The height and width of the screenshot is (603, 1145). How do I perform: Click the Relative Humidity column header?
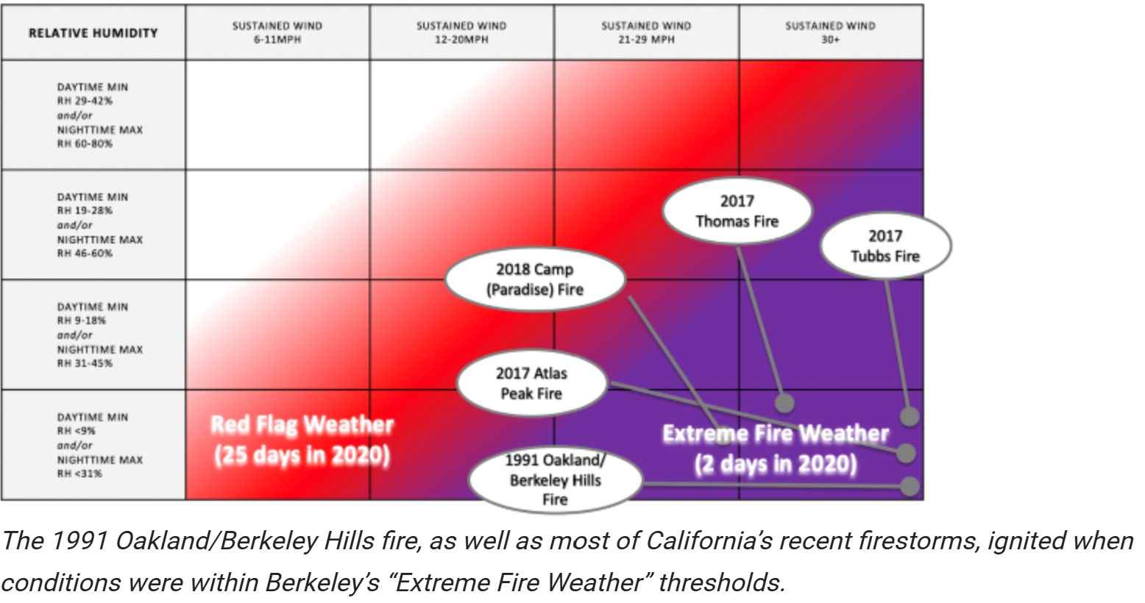tap(93, 33)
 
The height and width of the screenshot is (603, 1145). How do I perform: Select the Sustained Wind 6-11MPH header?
tap(277, 32)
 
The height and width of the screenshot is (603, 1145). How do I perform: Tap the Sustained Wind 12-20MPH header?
tap(461, 32)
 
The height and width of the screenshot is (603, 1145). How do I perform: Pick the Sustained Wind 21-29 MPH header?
tap(646, 32)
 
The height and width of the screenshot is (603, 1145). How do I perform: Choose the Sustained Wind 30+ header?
tap(831, 32)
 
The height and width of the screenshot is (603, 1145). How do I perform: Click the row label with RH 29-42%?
tap(99, 115)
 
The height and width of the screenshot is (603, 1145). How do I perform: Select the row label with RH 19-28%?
tap(99, 225)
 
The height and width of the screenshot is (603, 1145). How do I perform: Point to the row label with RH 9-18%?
tap(99, 335)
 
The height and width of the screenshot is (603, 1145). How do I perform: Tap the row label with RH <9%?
tap(99, 445)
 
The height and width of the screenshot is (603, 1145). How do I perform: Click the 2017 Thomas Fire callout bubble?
tap(737, 211)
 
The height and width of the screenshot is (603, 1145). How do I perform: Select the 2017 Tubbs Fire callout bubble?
tap(885, 246)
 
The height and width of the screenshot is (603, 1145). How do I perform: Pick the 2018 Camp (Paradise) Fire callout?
tap(535, 279)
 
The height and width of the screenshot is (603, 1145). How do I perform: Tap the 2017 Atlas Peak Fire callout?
tap(531, 383)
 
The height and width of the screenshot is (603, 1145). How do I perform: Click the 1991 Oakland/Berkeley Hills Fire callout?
tap(555, 479)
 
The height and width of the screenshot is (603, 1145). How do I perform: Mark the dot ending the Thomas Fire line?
tap(784, 403)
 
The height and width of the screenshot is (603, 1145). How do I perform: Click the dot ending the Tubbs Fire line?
tap(910, 416)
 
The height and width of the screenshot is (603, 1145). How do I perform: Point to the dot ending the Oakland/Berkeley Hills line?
tap(910, 486)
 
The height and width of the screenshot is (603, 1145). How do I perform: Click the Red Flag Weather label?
tap(302, 440)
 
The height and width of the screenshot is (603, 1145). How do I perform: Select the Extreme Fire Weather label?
tap(776, 449)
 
